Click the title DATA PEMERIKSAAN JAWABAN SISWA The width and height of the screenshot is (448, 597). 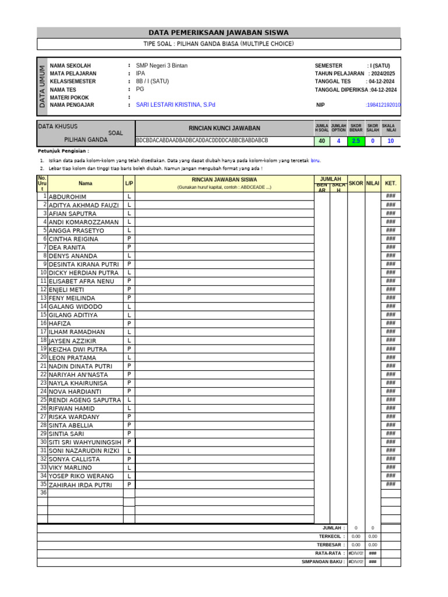tap(219, 33)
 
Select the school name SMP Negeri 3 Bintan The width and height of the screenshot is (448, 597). tap(162, 66)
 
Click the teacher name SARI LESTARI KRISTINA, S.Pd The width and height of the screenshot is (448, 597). tap(176, 105)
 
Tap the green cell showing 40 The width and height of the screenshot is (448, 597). tap(321, 141)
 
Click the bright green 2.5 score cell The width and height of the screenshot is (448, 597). tap(355, 141)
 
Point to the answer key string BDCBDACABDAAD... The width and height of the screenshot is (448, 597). tap(202, 141)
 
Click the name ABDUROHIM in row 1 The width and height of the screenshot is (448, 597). tap(68, 197)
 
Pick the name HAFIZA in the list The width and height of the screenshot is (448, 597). tap(60, 324)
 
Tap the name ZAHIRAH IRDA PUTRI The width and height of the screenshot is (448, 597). tap(80, 485)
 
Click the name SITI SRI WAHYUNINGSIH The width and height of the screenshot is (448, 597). tap(85, 443)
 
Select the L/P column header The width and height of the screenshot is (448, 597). tap(129, 183)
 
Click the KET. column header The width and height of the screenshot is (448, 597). tap(391, 183)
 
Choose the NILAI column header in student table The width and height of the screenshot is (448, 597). tap(373, 183)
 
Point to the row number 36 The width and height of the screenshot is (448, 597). tap(43, 493)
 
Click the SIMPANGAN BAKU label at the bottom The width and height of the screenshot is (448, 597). tap(323, 561)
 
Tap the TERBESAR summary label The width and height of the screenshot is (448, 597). tap(328, 545)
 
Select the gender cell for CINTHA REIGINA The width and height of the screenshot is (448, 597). tap(129, 239)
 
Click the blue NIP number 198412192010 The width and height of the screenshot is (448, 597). tap(383, 105)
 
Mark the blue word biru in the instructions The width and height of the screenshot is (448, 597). tap(315, 160)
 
